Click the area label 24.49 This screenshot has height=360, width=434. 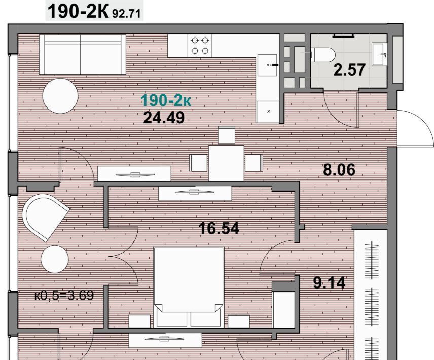164,118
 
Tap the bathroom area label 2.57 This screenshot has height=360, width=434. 349,70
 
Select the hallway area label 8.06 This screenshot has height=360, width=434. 339,170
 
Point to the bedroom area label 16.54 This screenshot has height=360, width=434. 219,229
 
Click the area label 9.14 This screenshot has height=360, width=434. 330,283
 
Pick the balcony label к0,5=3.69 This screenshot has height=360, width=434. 64,296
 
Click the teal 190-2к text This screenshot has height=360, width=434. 166,100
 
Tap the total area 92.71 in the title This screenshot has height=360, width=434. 126,13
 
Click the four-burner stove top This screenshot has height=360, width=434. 200,46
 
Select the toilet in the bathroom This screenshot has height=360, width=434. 323,55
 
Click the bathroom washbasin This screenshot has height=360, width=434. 379,54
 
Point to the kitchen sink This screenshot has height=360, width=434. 267,65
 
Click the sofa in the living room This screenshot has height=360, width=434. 83,54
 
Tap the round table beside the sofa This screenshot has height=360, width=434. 61,96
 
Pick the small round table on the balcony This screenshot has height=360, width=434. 55,259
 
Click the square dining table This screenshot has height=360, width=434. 227,163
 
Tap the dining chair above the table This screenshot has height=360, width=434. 227,135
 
